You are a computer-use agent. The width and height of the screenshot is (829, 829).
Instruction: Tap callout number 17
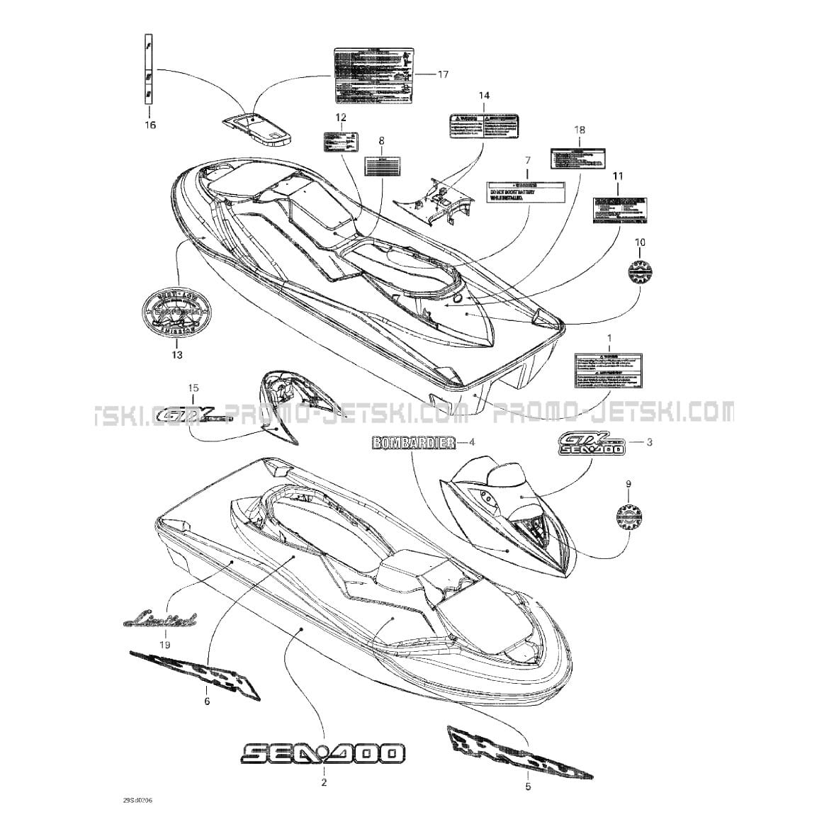(x=443, y=74)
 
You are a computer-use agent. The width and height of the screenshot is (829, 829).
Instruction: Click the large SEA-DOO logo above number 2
(x=323, y=752)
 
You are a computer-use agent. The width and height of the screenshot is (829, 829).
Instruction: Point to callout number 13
(x=176, y=354)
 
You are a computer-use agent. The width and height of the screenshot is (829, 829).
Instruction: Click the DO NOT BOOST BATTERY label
(x=526, y=193)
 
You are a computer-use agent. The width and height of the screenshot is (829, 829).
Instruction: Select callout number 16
(x=150, y=125)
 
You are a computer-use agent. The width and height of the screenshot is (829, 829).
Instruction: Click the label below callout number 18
(x=579, y=158)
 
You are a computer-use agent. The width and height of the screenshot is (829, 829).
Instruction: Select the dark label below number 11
(x=619, y=209)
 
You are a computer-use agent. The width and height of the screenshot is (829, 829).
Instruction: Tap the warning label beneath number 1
(x=609, y=371)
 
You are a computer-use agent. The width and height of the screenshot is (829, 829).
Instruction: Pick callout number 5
(x=528, y=786)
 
